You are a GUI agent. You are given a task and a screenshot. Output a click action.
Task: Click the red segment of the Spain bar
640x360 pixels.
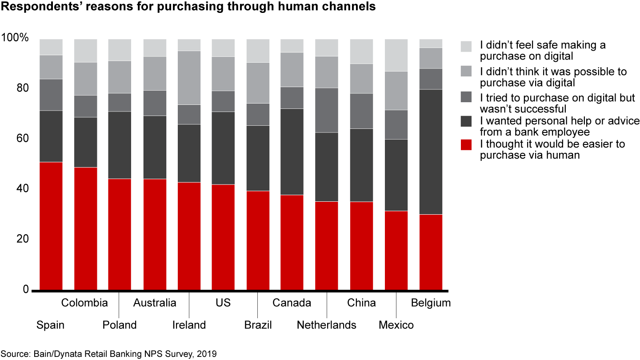pyautogui.click(x=51, y=226)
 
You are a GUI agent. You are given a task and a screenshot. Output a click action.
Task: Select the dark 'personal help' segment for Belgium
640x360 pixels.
pyautogui.click(x=431, y=152)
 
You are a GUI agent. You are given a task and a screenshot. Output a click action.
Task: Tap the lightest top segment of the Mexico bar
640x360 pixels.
pyautogui.click(x=396, y=55)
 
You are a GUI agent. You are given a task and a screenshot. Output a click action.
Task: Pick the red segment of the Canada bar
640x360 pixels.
pyautogui.click(x=292, y=242)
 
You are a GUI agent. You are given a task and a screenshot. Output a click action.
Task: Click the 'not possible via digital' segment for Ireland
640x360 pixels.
pyautogui.click(x=189, y=78)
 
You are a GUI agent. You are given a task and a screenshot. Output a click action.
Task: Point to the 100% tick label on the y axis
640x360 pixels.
pyautogui.click(x=15, y=38)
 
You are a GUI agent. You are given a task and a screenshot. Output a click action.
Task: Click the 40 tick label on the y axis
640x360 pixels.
pyautogui.click(x=21, y=189)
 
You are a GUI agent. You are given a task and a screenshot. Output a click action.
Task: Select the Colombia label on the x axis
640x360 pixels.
pyautogui.click(x=84, y=303)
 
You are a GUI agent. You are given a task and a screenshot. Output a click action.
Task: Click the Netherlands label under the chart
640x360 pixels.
pyautogui.click(x=327, y=325)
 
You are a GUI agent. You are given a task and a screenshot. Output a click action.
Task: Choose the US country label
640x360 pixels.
pyautogui.click(x=223, y=303)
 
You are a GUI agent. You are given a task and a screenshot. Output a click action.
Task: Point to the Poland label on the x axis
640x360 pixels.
pyautogui.click(x=120, y=325)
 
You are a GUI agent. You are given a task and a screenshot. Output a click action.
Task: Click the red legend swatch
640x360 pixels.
pyautogui.click(x=466, y=144)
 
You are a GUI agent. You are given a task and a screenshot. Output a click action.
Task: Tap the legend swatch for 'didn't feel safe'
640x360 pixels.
pyautogui.click(x=466, y=46)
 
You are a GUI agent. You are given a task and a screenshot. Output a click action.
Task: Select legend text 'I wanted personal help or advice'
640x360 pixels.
pyautogui.click(x=559, y=121)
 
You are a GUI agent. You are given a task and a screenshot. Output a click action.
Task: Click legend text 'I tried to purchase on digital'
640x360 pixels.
pyautogui.click(x=557, y=98)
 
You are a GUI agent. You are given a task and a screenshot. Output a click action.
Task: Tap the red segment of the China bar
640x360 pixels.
pyautogui.click(x=361, y=246)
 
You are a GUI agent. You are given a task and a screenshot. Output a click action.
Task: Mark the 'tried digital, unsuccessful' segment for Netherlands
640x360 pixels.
pyautogui.click(x=327, y=110)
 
